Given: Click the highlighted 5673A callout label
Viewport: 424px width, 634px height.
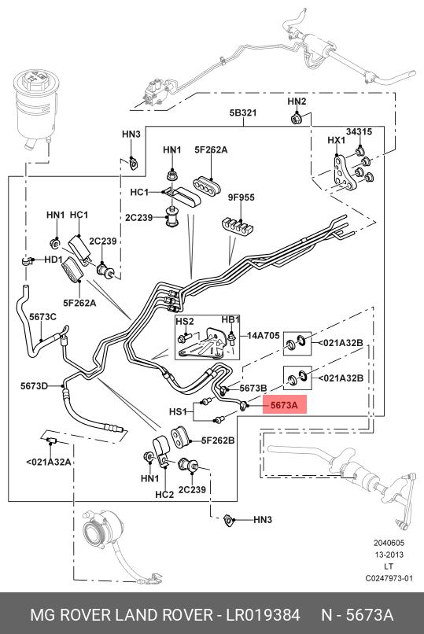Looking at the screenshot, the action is (285, 405).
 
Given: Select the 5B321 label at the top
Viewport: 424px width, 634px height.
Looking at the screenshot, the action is (243, 112).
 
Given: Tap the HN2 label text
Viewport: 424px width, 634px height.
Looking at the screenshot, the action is (297, 101).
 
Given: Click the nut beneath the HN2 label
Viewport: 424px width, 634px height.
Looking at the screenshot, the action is (296, 119).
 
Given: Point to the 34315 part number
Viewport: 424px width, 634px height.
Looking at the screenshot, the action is (359, 131).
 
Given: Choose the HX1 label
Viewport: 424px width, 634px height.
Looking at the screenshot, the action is (337, 140).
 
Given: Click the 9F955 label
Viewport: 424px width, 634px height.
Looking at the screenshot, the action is (241, 197).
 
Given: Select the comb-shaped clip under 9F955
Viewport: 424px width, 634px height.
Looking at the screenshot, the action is (238, 227).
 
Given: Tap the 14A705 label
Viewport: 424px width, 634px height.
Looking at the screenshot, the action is (263, 335).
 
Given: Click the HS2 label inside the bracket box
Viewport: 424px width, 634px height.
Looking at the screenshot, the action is (185, 322).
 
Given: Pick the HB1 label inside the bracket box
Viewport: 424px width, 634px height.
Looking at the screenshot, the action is (230, 320).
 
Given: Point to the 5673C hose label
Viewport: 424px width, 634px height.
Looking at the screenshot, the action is (42, 316).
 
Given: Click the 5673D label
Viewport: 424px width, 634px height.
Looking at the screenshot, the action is (35, 386).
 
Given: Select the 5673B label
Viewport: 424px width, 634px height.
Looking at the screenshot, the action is (253, 388).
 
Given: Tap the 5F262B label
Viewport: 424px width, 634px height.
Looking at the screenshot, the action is (218, 440).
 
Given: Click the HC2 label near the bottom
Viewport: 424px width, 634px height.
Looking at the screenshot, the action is (164, 495).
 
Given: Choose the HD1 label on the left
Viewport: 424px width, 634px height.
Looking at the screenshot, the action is (53, 259).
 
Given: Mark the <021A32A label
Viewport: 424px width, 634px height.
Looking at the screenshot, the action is (49, 462).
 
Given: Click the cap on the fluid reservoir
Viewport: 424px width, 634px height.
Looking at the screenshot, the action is (36, 77).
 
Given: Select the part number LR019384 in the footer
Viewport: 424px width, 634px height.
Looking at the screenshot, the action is (263, 615).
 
